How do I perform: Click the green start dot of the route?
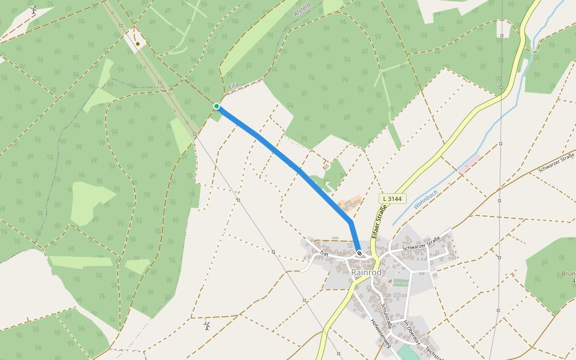[217, 106]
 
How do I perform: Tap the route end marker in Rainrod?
[359, 253]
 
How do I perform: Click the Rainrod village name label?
[366, 272]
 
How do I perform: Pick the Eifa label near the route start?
[233, 87]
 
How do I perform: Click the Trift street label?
[324, 254]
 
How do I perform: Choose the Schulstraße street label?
[386, 316]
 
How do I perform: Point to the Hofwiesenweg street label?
[380, 332]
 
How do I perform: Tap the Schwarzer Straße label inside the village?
[421, 243]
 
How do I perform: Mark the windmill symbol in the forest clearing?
[34, 10]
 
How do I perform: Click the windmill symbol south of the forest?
[207, 326]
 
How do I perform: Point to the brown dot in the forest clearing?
[138, 43]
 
